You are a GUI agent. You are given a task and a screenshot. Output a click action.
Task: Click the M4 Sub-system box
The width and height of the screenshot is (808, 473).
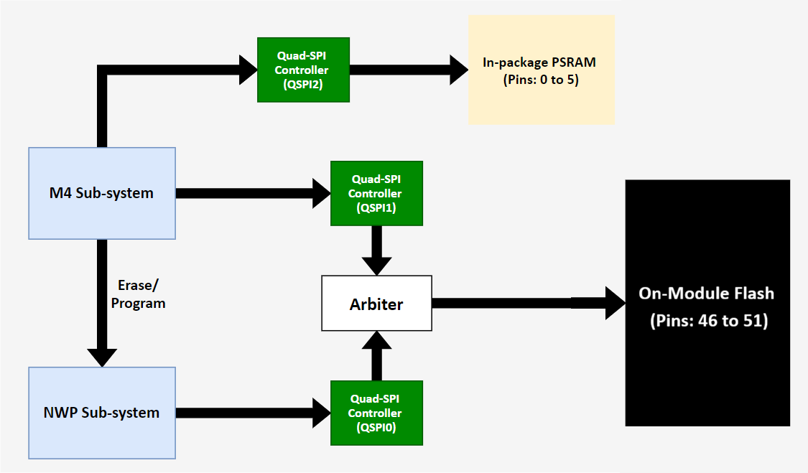point(102,193)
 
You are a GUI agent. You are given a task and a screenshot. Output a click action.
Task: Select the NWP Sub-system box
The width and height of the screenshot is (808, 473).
point(102,413)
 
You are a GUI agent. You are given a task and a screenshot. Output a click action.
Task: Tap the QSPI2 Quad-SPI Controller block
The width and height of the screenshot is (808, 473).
point(302,70)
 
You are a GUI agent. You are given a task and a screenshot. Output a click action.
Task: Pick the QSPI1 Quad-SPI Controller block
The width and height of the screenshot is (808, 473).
point(376,193)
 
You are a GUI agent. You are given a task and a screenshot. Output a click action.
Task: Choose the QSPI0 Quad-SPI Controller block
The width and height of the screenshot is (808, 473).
point(376,413)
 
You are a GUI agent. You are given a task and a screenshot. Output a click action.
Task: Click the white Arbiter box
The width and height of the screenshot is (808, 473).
point(376,303)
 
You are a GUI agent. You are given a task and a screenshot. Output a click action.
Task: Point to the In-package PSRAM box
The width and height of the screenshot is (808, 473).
point(541,70)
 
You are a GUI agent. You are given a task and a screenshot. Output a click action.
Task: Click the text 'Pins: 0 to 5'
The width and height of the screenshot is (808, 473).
point(541,80)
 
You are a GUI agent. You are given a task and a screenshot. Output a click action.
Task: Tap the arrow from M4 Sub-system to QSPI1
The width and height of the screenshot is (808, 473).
point(251,193)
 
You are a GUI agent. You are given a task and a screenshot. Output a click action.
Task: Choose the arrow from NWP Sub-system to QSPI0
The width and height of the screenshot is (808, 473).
point(251,413)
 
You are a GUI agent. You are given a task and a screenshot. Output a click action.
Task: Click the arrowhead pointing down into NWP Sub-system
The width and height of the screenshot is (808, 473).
point(102,356)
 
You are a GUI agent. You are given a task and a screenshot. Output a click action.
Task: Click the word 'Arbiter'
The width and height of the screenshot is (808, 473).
point(376,304)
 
